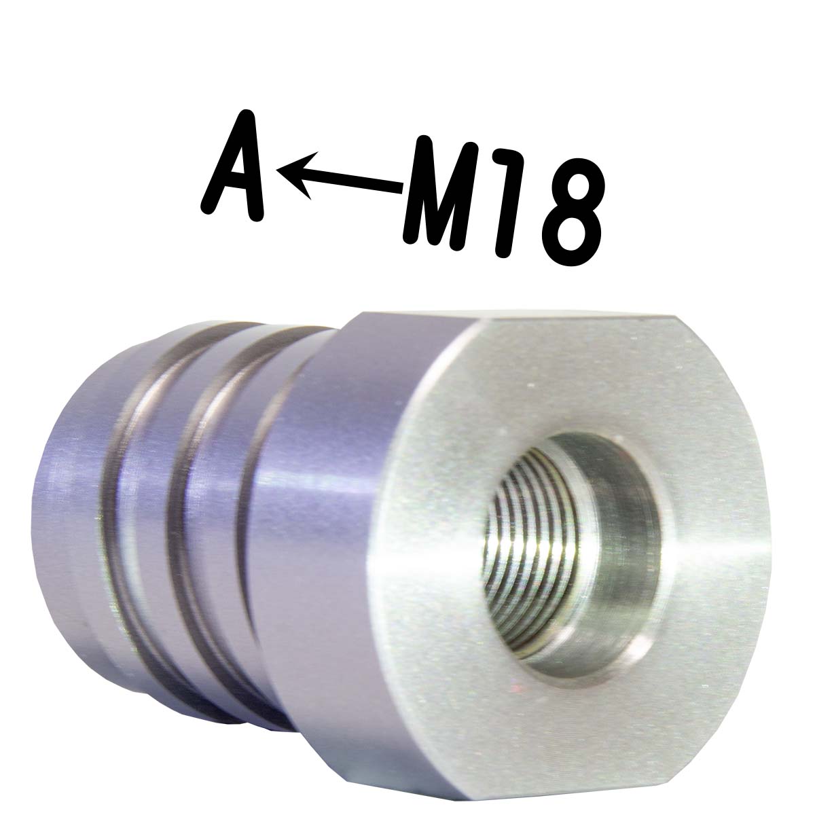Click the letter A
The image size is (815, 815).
[x=232, y=166]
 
